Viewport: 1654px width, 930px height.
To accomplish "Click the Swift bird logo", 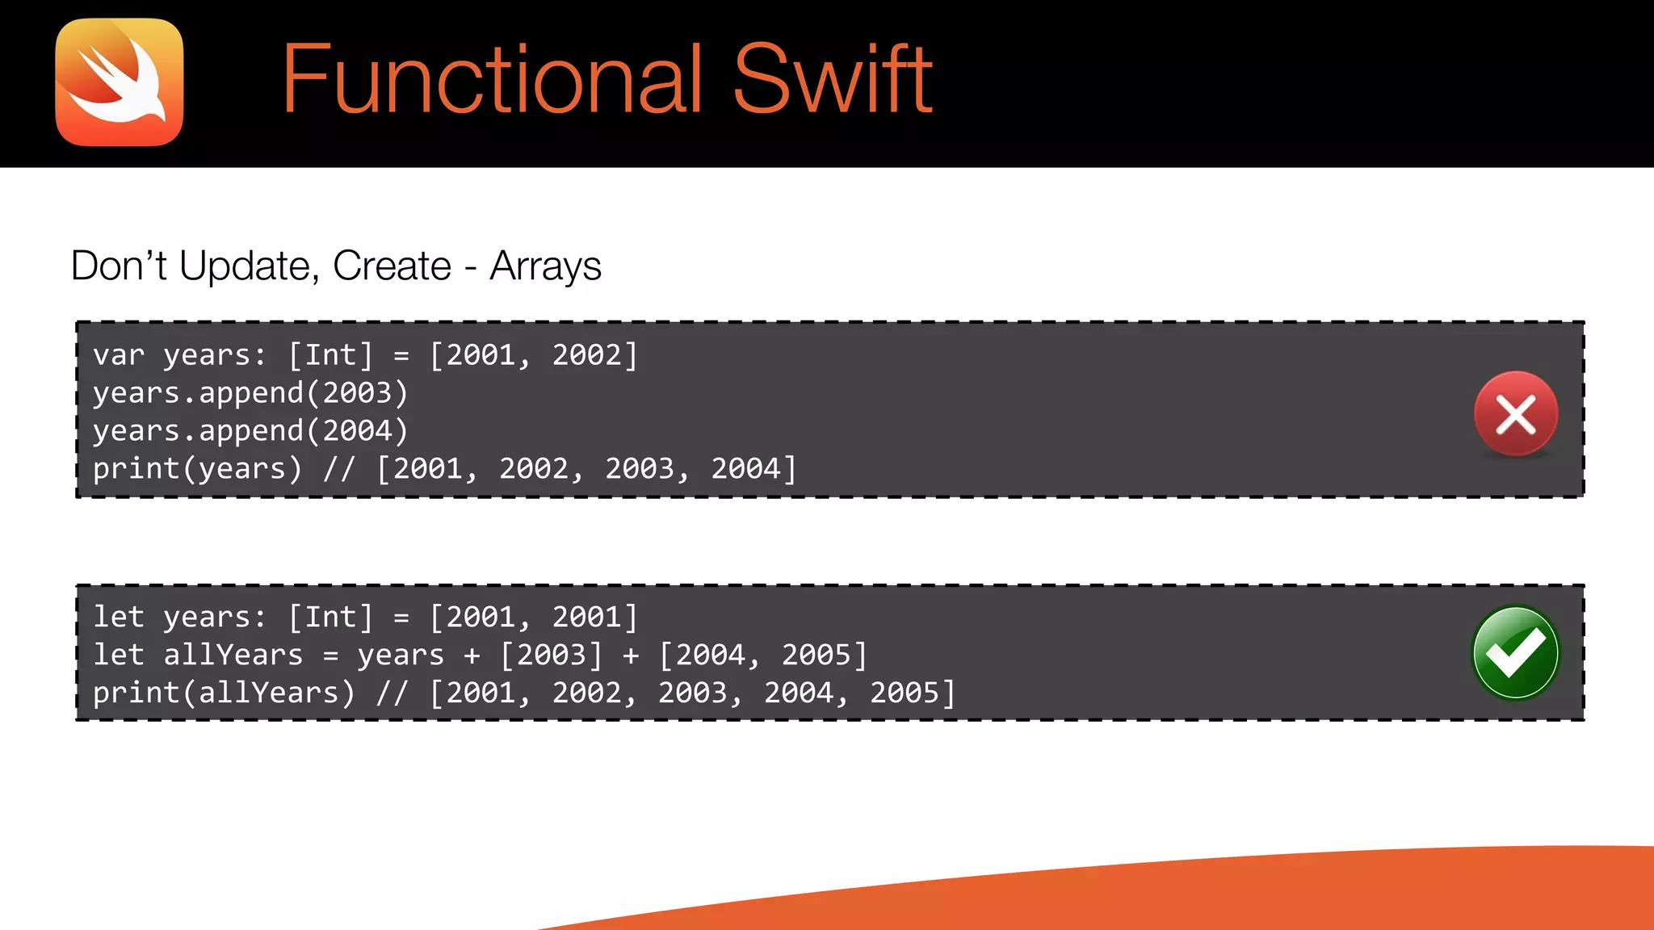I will point(120,82).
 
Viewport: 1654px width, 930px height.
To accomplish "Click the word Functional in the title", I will point(492,80).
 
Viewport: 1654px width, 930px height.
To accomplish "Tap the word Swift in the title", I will point(833,80).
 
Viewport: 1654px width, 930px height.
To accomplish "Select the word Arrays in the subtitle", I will point(545,266).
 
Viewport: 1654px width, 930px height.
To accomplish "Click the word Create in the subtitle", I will point(392,266).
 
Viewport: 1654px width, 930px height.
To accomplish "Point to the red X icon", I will point(1515,414).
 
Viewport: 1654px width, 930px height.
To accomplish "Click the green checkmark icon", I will point(1515,652).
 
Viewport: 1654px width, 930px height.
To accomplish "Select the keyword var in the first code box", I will point(119,355).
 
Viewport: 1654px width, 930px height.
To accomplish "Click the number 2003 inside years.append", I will point(357,393).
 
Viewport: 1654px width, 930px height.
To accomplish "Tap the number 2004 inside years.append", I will point(357,431).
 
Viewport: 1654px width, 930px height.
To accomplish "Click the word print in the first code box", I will point(136,469).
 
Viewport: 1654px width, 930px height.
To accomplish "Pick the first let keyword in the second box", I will point(119,618).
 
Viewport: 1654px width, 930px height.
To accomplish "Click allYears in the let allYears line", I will point(233,656).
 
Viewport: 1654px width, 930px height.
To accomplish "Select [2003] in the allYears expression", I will point(552,656).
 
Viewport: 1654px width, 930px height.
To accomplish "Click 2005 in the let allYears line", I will point(816,656).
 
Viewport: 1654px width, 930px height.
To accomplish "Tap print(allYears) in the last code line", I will point(224,693).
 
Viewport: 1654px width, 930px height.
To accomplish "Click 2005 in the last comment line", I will point(905,693).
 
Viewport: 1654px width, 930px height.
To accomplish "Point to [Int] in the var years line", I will point(331,355).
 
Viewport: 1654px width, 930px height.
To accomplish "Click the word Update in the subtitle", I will point(244,266).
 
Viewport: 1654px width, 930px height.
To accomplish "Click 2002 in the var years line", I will point(587,355).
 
